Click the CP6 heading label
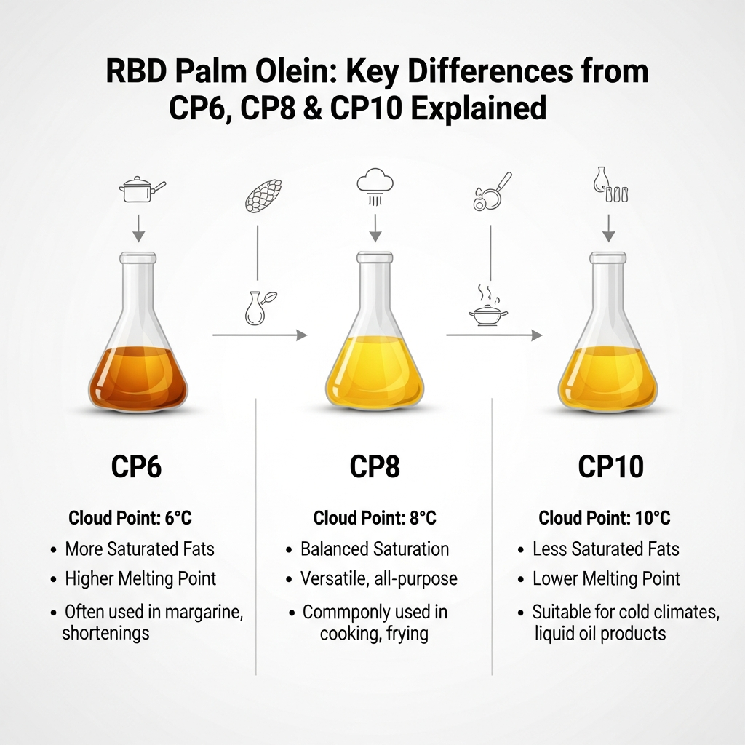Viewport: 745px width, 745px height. [136, 466]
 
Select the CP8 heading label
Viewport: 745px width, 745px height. [375, 466]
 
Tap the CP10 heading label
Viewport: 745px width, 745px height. [610, 466]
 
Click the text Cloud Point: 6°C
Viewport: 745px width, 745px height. [130, 519]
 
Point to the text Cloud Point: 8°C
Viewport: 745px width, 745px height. [375, 519]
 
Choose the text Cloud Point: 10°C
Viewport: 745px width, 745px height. [604, 519]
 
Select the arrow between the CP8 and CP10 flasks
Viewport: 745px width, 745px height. [494, 335]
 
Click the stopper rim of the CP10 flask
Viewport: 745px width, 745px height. [608, 257]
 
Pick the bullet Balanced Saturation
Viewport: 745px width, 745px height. [375, 549]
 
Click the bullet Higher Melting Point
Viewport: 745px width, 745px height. [140, 579]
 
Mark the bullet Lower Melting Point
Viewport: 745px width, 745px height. [606, 579]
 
